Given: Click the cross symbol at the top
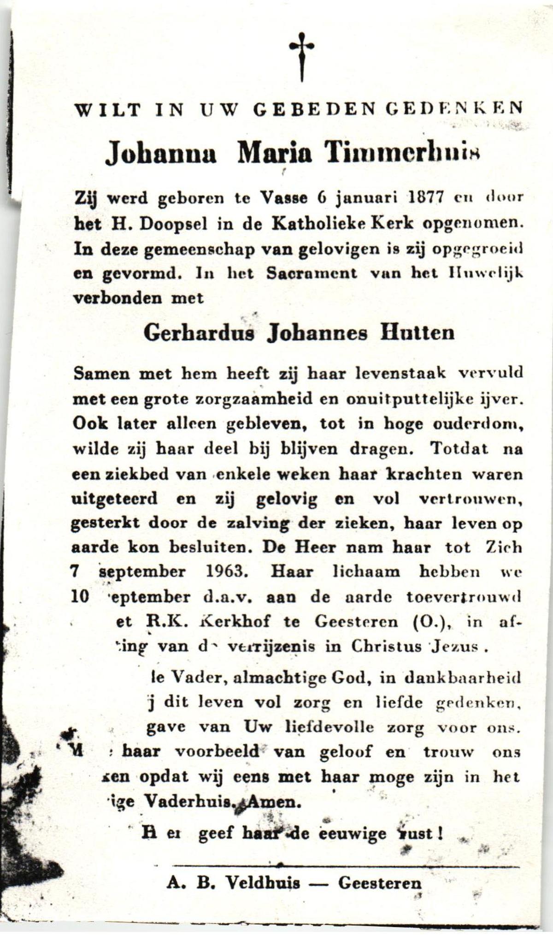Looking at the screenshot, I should [302, 55].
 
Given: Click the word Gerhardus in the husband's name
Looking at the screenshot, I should [199, 333].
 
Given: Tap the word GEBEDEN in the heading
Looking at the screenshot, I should [313, 109].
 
